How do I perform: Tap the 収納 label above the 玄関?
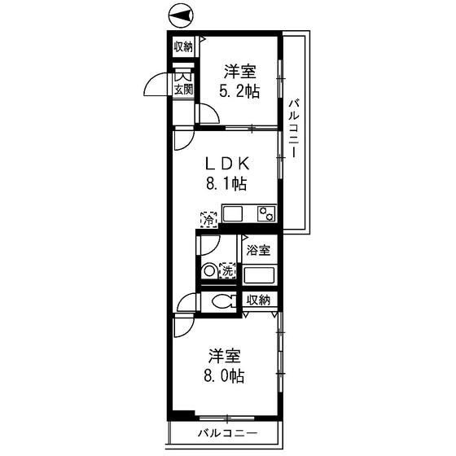pos(182,46)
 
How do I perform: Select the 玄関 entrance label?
pos(182,90)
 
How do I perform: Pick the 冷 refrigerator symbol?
pos(208,218)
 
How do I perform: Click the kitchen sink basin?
pos(234,215)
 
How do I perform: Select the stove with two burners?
pos(265,214)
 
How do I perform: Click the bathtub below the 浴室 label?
pos(260,274)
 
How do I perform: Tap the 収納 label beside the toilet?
pos(259,300)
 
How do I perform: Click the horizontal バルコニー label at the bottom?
pos(227,433)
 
